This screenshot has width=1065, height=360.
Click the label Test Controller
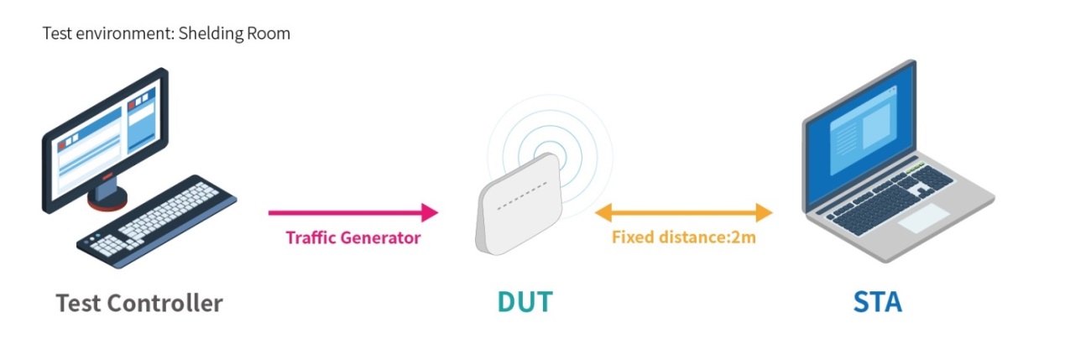(x=139, y=302)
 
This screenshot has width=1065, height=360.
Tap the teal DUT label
(x=525, y=302)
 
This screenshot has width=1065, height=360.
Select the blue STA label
(x=877, y=302)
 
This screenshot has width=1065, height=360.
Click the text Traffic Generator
(x=352, y=237)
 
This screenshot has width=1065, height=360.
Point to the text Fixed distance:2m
(x=683, y=237)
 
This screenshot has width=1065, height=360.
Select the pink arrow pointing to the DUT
(x=352, y=212)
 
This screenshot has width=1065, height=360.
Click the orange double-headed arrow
(x=683, y=212)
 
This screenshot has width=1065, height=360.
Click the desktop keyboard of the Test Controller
(x=159, y=222)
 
